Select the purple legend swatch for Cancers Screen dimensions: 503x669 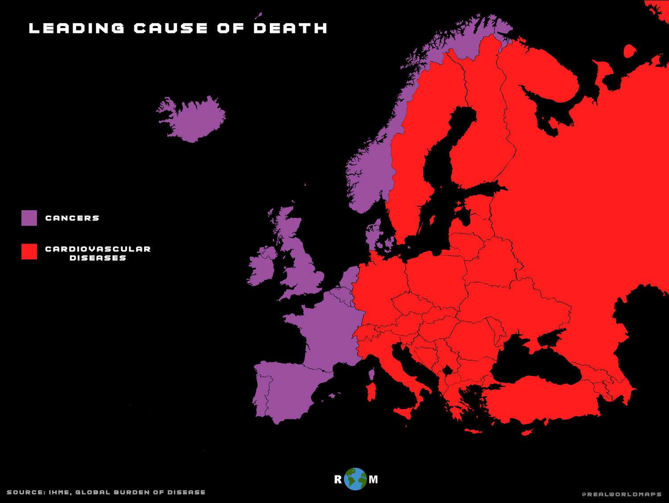coord(29,218)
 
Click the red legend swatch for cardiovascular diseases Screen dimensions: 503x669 coord(29,251)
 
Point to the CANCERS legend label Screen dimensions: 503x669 coord(72,218)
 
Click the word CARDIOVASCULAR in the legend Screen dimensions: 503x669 coord(98,249)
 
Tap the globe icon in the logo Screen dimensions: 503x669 coord(355,479)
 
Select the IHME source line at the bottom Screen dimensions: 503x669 coord(106,492)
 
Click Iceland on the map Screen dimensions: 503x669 coord(192,118)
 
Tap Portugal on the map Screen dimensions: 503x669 coord(261,392)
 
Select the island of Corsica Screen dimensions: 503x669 coord(372,373)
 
